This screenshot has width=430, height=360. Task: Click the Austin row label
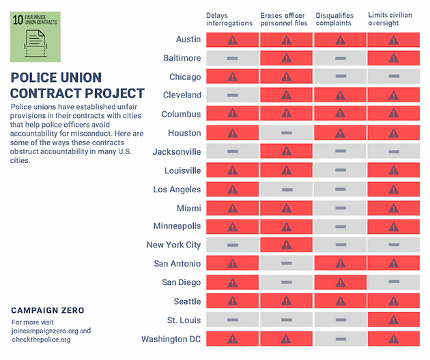[x=188, y=40]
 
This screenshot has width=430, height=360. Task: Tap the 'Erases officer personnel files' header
[x=284, y=19]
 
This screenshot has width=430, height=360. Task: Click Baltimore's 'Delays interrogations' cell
[x=232, y=59]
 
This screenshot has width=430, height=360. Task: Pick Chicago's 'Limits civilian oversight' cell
[x=393, y=77]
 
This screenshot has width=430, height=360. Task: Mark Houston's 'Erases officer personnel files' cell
[x=286, y=133]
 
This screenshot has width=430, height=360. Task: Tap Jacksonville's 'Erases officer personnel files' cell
[x=286, y=151]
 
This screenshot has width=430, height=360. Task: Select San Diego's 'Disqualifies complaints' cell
[x=340, y=282]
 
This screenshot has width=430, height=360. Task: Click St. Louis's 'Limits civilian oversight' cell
[x=393, y=319]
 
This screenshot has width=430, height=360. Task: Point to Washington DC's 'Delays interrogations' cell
[x=232, y=338]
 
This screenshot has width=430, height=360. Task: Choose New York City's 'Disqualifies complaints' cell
[x=340, y=245]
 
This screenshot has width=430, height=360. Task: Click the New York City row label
[x=173, y=245]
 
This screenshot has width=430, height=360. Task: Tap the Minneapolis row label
[x=177, y=226]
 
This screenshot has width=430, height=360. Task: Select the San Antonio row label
[x=177, y=263]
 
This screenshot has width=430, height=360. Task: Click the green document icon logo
[x=35, y=37]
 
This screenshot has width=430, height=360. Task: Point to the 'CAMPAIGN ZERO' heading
[x=48, y=310]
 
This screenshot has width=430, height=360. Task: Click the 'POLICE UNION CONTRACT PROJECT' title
[x=78, y=85]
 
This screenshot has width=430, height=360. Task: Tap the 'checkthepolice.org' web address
[x=41, y=339]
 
